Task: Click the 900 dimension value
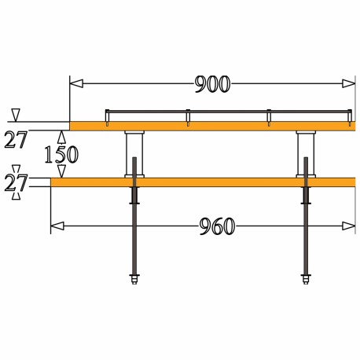213,84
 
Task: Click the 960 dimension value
217,226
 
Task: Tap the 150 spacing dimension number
61,154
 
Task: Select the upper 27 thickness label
16,140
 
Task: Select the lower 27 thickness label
16,182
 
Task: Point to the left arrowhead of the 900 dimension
76,84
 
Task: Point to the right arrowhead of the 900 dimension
349,84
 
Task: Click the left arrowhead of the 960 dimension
57,226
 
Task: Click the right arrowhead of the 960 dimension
349,226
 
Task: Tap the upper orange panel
212,126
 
